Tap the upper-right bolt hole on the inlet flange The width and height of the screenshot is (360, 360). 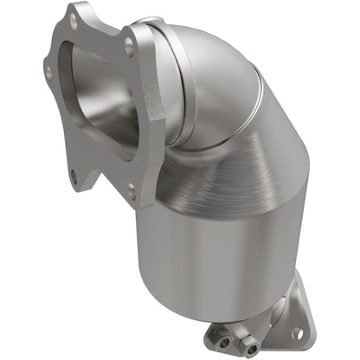point(130,50)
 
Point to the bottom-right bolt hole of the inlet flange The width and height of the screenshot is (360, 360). point(130,186)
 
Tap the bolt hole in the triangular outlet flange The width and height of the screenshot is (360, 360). point(299,332)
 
